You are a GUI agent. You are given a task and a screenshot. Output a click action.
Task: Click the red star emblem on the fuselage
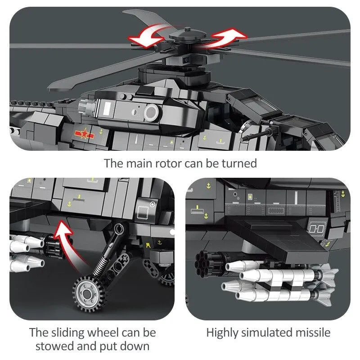tap(84, 133)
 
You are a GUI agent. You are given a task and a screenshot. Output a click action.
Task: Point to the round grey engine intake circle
tap(151, 113)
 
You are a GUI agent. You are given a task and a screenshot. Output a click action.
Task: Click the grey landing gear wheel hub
tap(87, 293)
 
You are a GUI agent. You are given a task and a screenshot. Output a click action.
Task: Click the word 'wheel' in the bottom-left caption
tap(103, 333)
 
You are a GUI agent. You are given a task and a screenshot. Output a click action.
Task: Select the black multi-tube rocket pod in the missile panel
tap(207, 262)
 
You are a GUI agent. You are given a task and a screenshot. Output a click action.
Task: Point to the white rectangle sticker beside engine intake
tap(107, 108)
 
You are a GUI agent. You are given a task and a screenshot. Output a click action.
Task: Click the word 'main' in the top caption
tap(139, 164)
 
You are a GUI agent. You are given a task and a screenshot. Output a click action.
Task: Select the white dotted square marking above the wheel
tap(143, 212)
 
